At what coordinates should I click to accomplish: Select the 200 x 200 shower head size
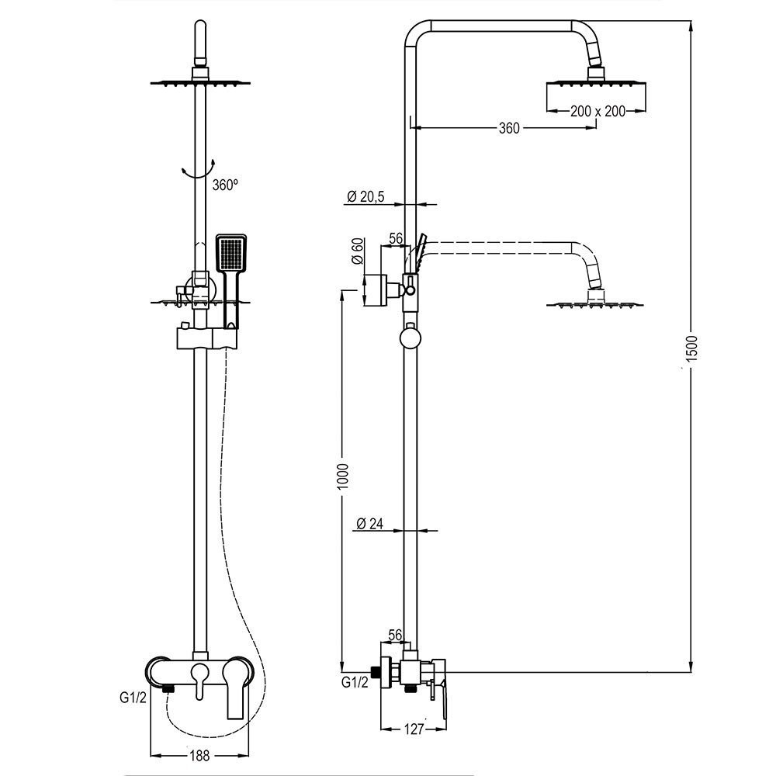coord(597,111)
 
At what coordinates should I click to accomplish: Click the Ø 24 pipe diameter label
coord(370,524)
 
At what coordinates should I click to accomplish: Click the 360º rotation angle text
coord(224,185)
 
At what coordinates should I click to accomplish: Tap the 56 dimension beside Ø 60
coord(394,239)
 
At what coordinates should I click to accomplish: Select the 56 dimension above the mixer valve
coord(394,636)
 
